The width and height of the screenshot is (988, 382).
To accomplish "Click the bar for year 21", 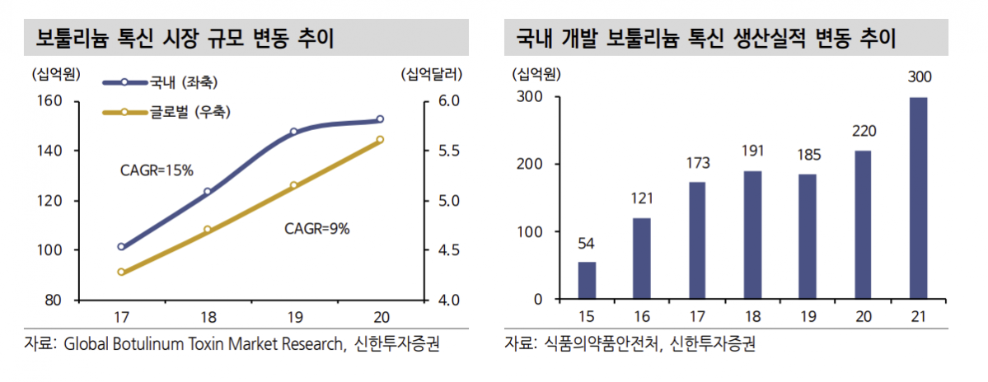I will coord(918,198).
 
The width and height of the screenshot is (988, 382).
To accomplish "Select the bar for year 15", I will coord(587,280).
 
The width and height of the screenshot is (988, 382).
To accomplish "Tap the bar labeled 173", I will coord(697,240).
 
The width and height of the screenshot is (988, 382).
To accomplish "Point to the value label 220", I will coord(864,131).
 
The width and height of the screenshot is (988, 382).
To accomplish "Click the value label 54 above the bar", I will coord(587,243).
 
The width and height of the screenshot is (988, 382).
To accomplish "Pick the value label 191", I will coord(753,151).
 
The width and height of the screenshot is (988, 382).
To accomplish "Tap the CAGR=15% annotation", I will coord(157,170).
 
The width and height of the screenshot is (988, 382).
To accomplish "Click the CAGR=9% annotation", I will coord(317,229).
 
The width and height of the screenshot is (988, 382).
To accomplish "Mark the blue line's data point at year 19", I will coord(293,132).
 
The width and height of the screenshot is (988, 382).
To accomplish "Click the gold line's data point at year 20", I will coord(380,140).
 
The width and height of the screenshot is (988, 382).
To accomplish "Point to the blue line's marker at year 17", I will coord(121,246).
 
